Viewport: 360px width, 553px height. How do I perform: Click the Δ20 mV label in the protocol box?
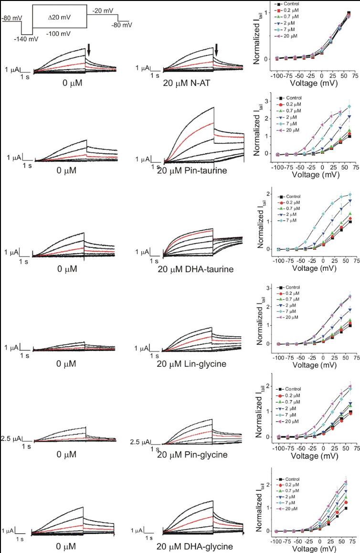[59, 17]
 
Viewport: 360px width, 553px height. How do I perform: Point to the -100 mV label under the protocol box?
[59, 34]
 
